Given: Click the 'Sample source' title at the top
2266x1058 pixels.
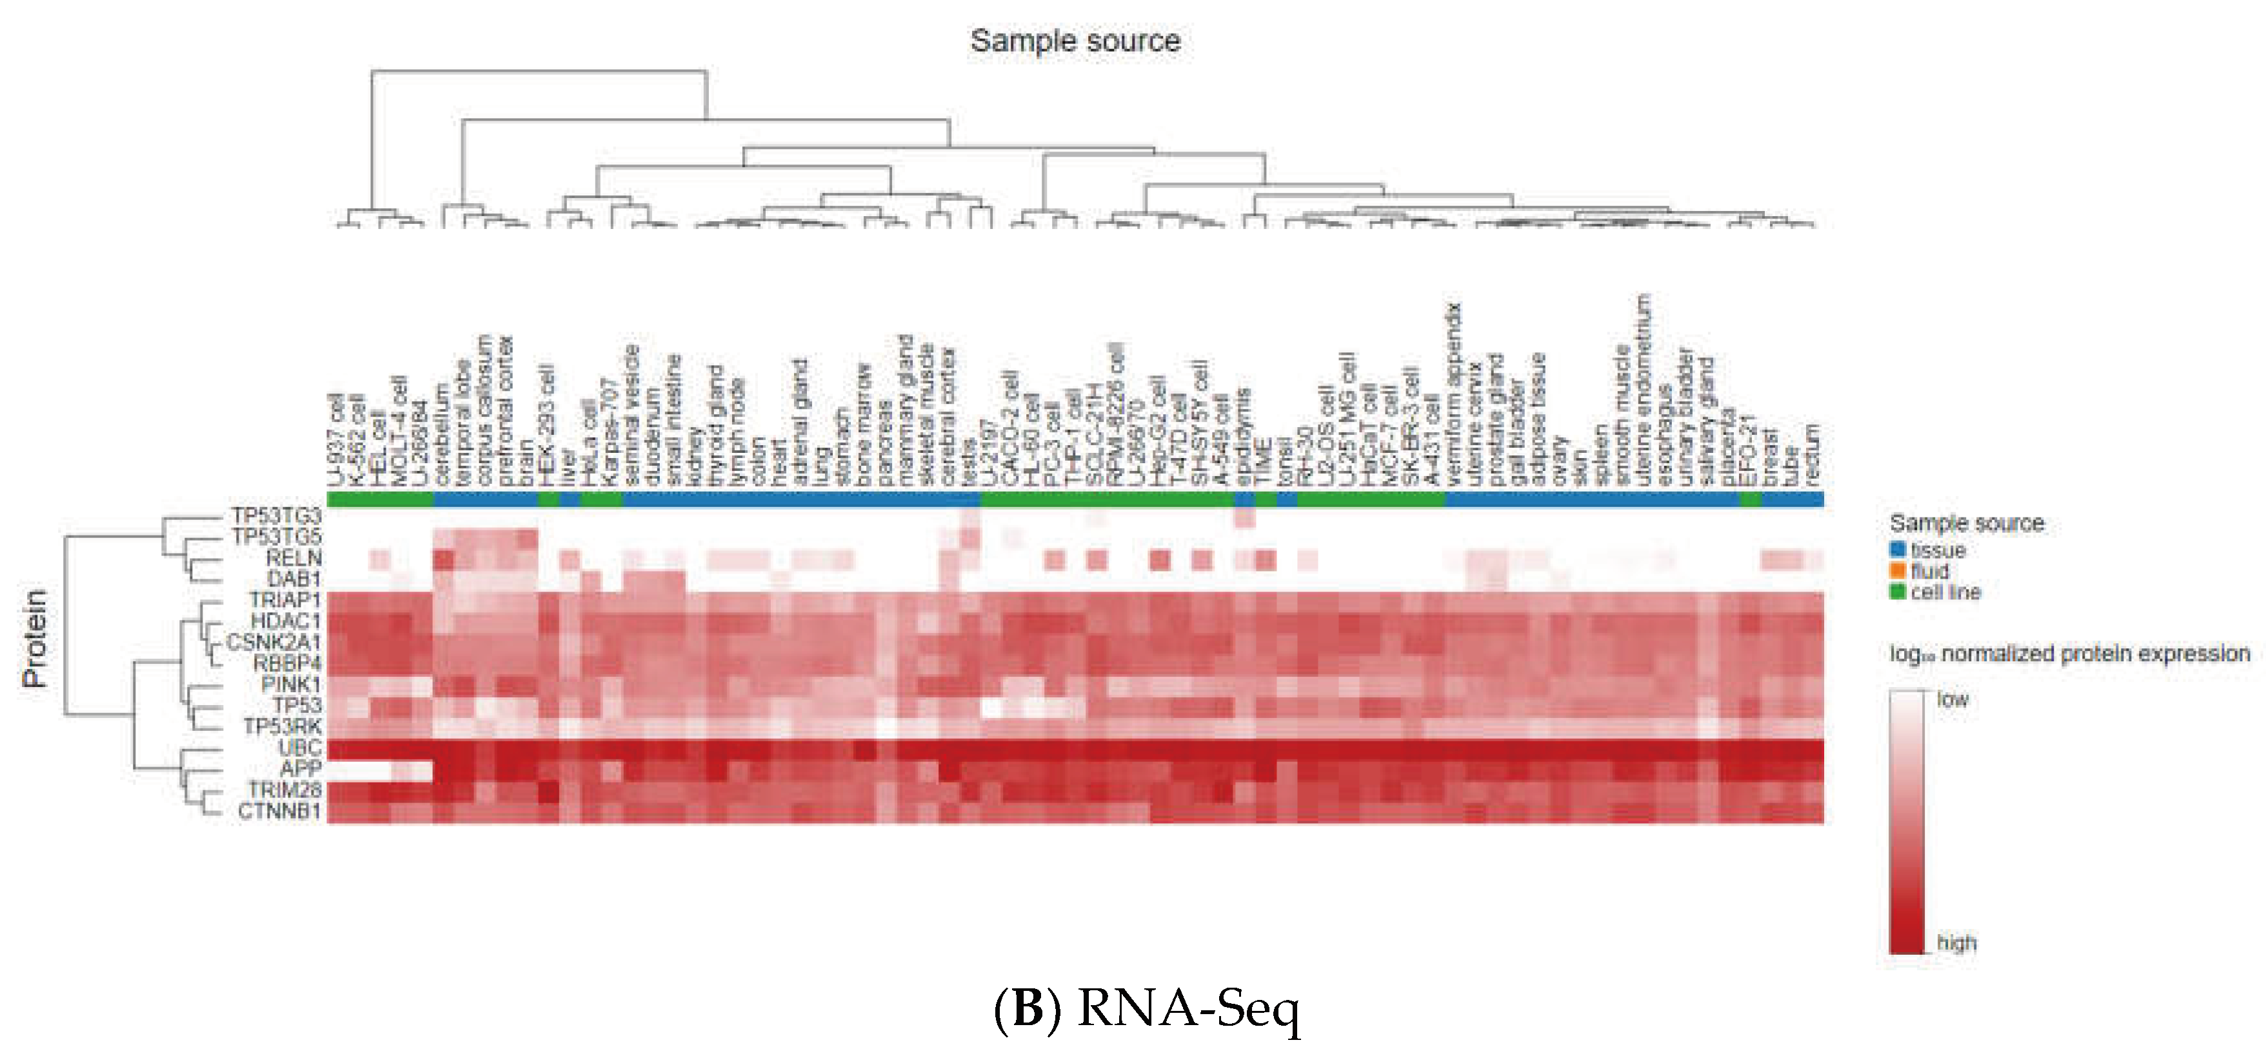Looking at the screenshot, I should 1074,41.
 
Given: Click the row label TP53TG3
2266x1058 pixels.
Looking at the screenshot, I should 275,515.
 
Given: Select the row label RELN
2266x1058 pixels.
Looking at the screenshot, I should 293,557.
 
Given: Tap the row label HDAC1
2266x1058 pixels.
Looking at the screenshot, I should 285,621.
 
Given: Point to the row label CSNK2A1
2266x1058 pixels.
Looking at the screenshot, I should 273,642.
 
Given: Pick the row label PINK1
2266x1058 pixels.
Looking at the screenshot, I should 290,684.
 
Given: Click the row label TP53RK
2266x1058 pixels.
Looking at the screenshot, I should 281,726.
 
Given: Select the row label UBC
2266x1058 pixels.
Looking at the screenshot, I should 299,748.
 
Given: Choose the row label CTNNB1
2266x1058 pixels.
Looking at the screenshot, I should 279,811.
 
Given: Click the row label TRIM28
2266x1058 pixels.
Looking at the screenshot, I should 283,790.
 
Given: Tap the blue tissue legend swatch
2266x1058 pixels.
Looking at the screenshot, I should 1898,550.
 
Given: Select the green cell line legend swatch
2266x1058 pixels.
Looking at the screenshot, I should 1898,592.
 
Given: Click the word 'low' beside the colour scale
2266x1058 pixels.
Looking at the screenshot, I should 1952,700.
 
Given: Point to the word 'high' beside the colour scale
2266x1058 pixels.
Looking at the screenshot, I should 1956,943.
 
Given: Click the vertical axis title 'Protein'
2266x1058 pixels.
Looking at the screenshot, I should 34,639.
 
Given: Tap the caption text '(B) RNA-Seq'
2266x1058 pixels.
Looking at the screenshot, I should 1146,1010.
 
